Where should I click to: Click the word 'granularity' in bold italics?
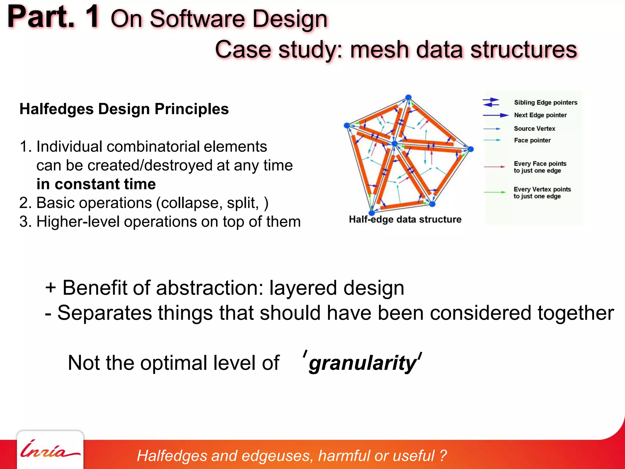362,363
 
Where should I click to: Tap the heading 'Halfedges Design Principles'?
124,109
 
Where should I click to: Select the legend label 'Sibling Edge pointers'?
545,103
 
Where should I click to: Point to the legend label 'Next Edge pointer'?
540,115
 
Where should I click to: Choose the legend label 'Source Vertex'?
534,129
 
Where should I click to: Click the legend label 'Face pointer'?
532,140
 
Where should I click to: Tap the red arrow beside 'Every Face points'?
494,167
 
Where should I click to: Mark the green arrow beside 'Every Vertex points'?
494,192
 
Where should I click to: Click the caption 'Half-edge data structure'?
405,220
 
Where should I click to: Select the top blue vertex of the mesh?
408,97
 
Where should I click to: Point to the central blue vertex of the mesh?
395,144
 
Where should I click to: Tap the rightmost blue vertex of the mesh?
471,149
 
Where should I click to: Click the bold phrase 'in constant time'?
96,184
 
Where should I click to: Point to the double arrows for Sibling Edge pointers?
491,102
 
